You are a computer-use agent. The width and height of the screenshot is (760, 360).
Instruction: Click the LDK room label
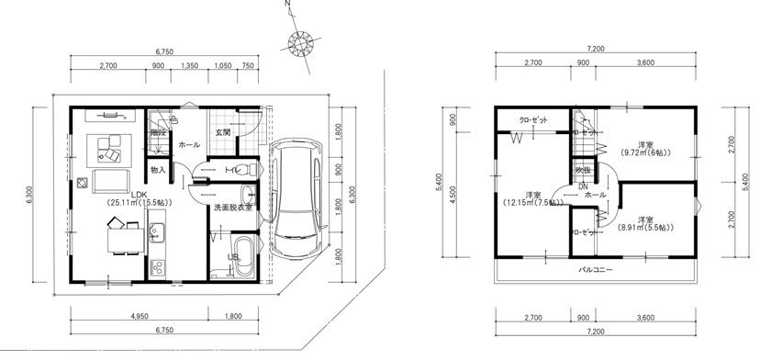[138, 194]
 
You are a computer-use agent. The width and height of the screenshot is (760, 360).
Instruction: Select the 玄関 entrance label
[223, 132]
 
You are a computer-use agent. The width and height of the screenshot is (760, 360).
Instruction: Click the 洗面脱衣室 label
[233, 208]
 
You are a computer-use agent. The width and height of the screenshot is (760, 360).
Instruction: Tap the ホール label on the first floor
[189, 145]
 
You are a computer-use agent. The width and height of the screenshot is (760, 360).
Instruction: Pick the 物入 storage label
[157, 170]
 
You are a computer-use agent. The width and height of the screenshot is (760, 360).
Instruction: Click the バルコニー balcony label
[596, 271]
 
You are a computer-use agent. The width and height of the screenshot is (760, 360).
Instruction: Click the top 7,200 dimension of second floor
[595, 49]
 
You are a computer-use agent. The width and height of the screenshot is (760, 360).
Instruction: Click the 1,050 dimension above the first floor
[223, 66]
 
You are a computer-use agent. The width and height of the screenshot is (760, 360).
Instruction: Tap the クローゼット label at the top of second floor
[533, 120]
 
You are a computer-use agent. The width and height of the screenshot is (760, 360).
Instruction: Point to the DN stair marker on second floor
[584, 186]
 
